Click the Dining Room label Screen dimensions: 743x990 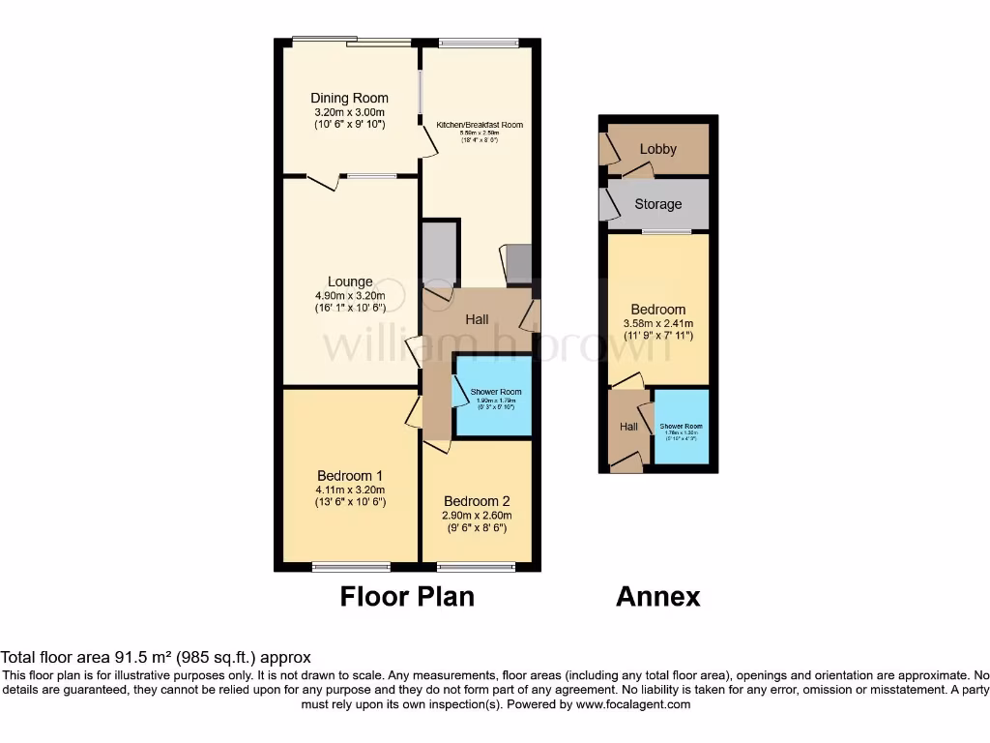tap(349, 98)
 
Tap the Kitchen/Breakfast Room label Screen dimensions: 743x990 tap(480, 125)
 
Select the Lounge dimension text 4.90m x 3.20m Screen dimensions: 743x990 tap(349, 296)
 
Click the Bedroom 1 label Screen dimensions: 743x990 tap(350, 475)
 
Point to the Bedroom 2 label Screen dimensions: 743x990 tap(477, 501)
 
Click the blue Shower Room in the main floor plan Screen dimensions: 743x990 tap(494, 397)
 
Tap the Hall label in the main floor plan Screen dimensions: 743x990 tap(477, 319)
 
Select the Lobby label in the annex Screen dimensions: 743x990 tap(657, 149)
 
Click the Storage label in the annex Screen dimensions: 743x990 tap(657, 204)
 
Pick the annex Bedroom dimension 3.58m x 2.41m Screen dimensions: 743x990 tap(657, 323)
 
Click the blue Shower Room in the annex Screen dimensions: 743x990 tap(681, 427)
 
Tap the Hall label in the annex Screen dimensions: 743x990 tap(628, 427)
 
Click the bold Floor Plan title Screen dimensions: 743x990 tap(407, 596)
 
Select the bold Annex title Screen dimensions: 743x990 tap(657, 596)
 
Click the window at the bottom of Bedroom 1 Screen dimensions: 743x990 tap(351, 566)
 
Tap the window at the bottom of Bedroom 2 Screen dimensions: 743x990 tap(477, 566)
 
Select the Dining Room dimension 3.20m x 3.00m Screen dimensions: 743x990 tap(349, 111)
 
